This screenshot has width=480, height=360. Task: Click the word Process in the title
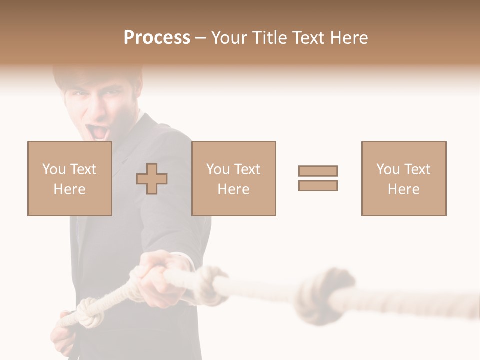click(157, 38)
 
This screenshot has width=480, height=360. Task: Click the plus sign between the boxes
click(152, 179)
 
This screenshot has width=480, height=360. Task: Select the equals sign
click(318, 178)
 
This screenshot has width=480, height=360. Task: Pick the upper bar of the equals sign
click(318, 171)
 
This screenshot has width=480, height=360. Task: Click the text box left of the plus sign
click(69, 178)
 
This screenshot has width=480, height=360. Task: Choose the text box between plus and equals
click(233, 178)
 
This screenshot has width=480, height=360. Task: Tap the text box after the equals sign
click(403, 178)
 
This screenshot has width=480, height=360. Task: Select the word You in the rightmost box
click(388, 169)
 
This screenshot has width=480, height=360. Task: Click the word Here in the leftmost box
click(69, 189)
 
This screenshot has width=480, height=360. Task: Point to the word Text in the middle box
click(248, 169)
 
